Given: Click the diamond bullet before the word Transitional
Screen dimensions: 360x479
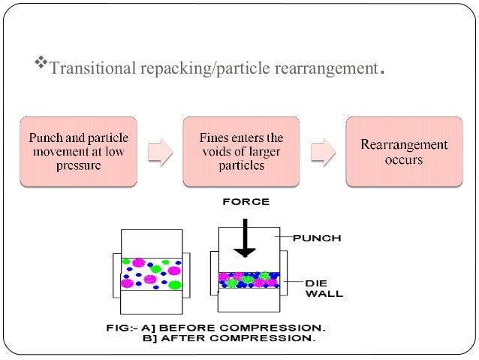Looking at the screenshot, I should click(42, 68).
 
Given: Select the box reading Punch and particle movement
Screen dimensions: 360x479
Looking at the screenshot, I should click(78, 151).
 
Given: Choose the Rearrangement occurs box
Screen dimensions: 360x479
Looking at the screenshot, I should click(403, 151).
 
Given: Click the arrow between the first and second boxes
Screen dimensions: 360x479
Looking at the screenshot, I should click(159, 151).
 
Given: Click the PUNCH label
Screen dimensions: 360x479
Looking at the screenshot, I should click(316, 238).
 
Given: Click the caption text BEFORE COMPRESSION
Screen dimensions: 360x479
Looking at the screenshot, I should click(255, 328).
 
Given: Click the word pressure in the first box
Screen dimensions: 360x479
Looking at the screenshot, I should click(78, 166).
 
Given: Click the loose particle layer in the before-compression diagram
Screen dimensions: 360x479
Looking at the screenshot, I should click(152, 274).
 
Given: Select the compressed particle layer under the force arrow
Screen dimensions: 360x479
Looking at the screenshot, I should click(249, 280).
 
